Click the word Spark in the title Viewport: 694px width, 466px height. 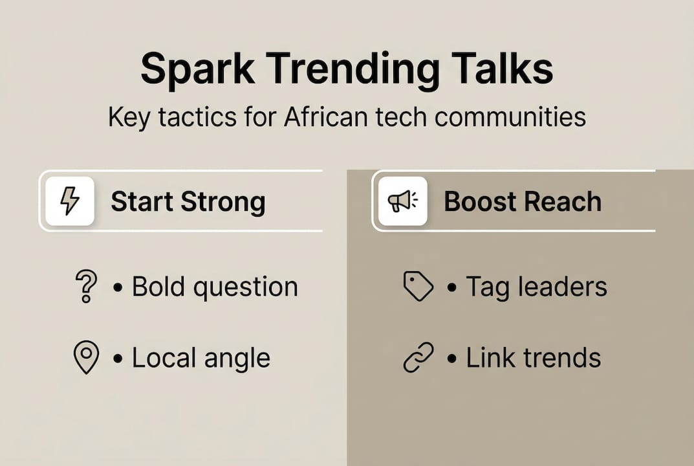198,70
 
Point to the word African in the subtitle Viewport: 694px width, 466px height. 326,117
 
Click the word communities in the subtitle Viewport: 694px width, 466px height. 510,117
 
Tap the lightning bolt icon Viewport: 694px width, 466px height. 70,201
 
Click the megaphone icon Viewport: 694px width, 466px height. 403,201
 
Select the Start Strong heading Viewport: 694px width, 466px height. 188,202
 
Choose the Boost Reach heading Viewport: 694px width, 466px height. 523,201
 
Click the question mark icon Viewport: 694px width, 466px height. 86,286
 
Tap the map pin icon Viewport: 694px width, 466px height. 86,357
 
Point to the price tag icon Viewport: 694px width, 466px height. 418,287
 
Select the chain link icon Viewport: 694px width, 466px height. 418,357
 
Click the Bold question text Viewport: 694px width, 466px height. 215,287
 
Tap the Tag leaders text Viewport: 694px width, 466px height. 536,287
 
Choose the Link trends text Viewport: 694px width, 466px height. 534,357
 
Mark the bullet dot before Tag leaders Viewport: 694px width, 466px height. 451,287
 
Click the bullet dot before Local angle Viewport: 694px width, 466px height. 118,359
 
